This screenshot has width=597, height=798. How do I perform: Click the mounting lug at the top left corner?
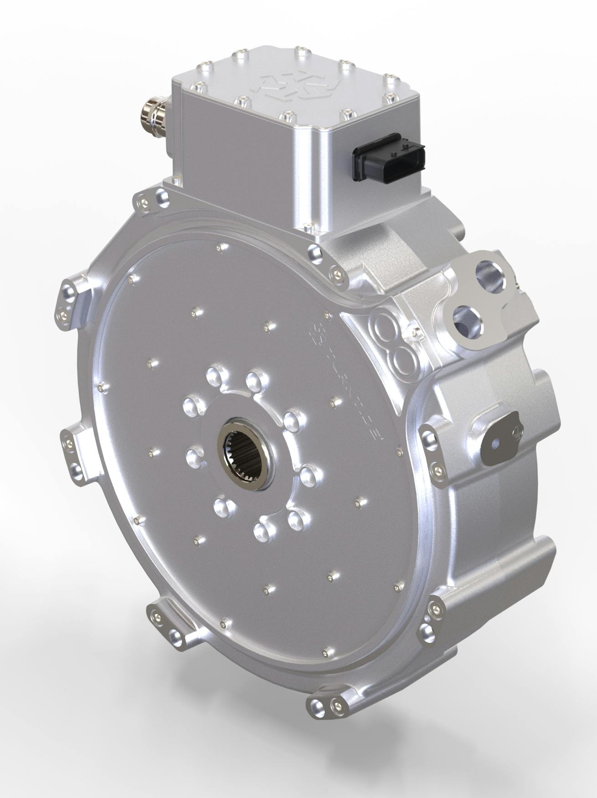coord(153,199)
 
